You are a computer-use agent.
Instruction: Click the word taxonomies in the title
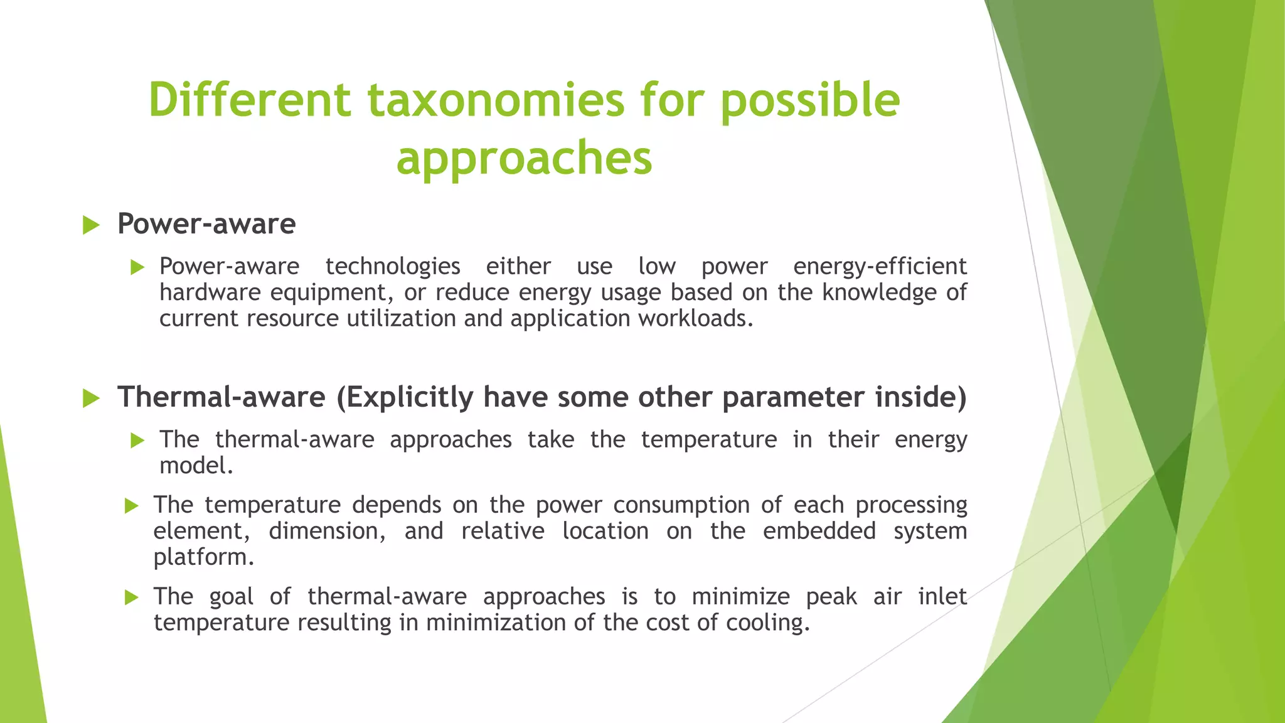pos(496,100)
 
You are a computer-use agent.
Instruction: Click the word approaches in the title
pos(524,158)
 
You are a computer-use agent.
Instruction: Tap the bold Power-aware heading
pos(206,224)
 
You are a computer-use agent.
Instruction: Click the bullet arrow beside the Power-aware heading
pos(91,225)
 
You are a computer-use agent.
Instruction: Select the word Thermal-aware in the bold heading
pos(221,397)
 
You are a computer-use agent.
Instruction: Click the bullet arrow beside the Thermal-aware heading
pos(91,399)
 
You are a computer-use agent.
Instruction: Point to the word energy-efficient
pos(880,267)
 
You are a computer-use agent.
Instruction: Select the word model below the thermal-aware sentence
pos(195,466)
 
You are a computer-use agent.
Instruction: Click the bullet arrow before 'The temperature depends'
pos(131,506)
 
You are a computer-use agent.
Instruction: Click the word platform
pos(203,557)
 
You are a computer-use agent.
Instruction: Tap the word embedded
pos(819,532)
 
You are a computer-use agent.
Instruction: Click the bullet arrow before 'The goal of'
pos(131,597)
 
